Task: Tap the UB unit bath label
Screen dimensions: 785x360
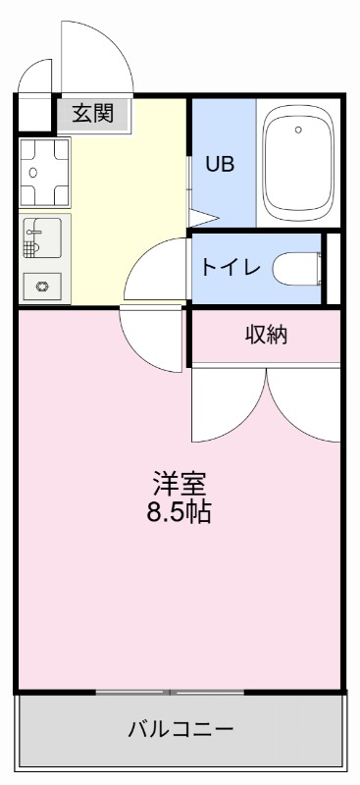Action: tap(218, 164)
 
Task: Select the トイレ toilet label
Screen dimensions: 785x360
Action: tap(231, 267)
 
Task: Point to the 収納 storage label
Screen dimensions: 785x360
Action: tap(265, 336)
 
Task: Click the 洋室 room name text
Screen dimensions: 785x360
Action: tap(179, 485)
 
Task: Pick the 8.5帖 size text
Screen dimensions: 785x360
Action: tap(179, 512)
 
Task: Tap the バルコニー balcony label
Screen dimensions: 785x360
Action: tap(180, 729)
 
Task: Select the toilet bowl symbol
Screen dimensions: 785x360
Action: tap(298, 267)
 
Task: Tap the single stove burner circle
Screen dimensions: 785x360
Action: tap(42, 286)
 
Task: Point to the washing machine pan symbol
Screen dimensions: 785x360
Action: tap(43, 172)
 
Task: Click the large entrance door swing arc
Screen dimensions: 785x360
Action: tap(98, 54)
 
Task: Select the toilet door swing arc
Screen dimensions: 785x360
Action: tap(157, 270)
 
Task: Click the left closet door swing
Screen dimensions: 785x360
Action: tap(228, 407)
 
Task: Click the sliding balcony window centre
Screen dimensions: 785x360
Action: tap(170, 693)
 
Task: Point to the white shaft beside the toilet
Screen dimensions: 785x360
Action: tap(333, 267)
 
